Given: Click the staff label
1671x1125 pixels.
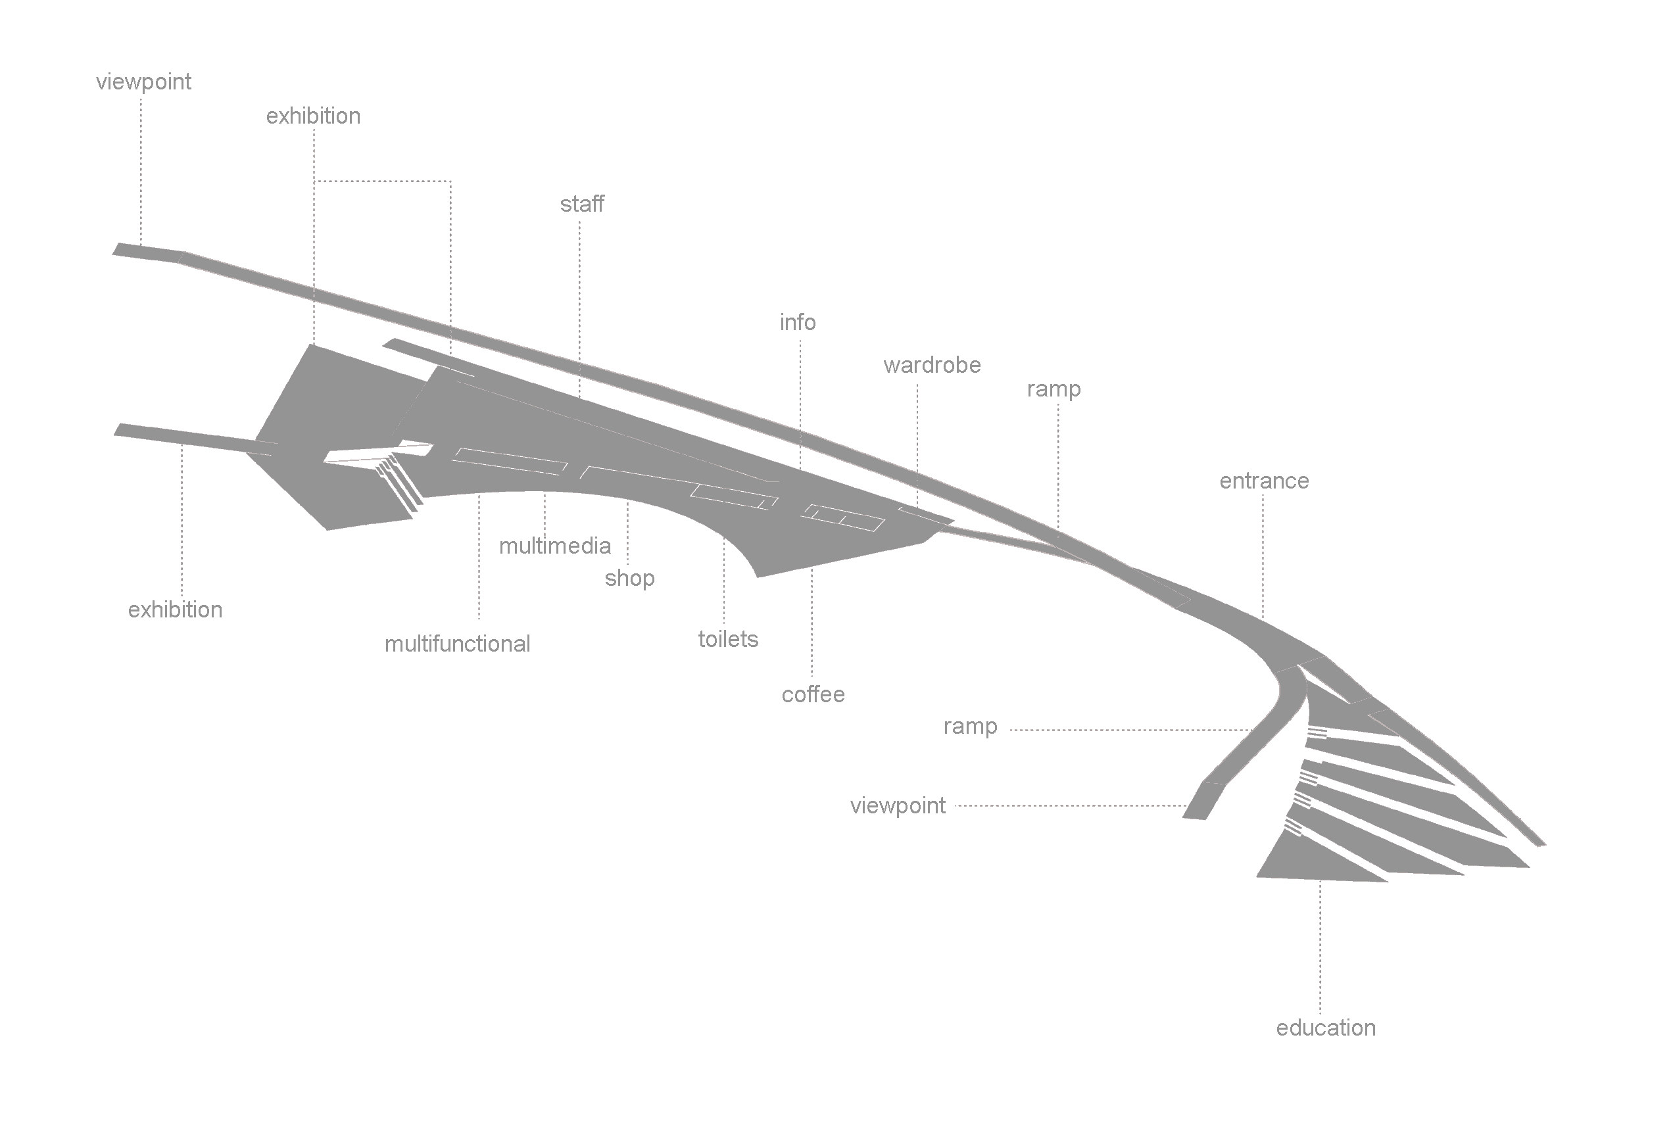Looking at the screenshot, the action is pos(582,204).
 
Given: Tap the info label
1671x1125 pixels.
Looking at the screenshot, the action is pos(798,323).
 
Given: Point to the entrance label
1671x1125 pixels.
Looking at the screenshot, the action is pos(1264,481).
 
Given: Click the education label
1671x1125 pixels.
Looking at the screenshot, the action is pos(1326,1028).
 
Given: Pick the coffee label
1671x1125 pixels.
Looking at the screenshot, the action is pos(813,694).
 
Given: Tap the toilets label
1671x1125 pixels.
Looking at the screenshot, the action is pos(728,639).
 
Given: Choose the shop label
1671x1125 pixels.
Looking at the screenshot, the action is pos(629,579).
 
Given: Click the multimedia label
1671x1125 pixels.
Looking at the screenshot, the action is pos(554,546).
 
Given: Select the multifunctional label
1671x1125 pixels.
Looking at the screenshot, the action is pos(457,644).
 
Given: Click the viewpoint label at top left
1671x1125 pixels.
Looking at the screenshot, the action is pos(143,82).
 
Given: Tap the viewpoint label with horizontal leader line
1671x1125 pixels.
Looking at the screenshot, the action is pos(898,805).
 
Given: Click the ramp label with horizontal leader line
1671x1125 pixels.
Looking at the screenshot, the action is pos(970,726).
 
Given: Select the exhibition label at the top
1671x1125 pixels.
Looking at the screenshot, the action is pos(314,116).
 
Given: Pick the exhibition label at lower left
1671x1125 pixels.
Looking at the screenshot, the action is pos(175,610).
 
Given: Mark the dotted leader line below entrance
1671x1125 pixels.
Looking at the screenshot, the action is pos(1263,552).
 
